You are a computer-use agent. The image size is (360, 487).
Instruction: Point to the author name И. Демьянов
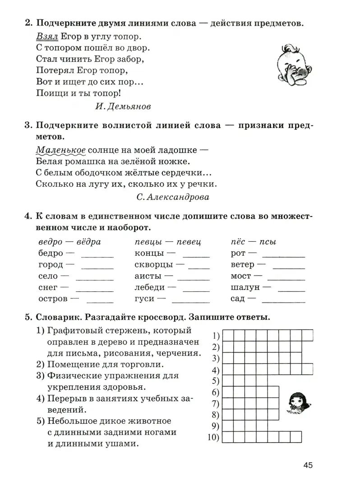[x=123, y=106]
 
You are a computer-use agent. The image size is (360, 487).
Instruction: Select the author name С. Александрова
[x=172, y=197]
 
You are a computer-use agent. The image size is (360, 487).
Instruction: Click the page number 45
[x=308, y=465]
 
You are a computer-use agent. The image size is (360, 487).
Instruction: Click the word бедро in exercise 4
[x=51, y=253]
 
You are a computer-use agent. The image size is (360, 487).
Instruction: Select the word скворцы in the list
[x=154, y=265]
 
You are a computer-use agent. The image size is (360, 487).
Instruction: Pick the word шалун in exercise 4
[x=245, y=287]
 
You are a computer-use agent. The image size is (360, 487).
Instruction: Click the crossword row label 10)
[x=213, y=437]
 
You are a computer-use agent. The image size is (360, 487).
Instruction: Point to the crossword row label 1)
[x=215, y=335]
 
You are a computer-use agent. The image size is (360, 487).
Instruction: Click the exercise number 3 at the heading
[x=27, y=125]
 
